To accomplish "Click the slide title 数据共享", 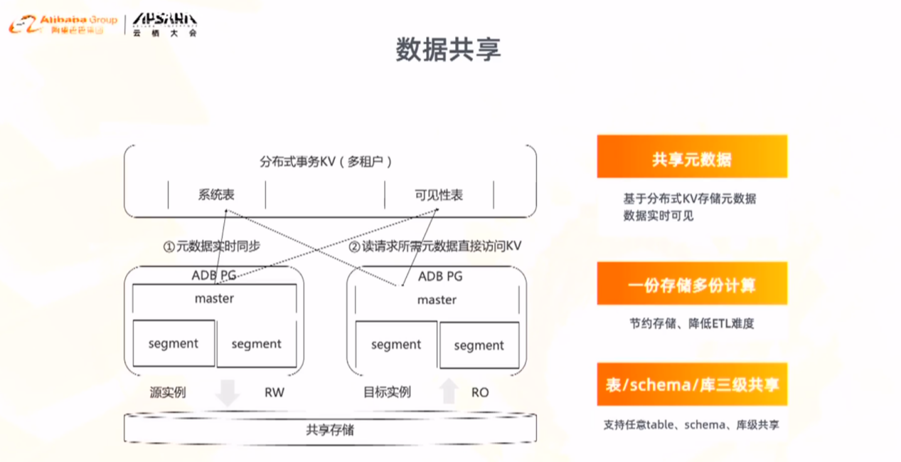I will coord(448,49).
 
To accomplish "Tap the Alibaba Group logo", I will coord(63,24).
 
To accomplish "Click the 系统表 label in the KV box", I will coord(216,194).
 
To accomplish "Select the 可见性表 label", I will coord(439,194).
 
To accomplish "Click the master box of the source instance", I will coord(214,299).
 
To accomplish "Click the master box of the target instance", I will coord(437,300).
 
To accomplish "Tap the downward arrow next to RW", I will coord(228,392).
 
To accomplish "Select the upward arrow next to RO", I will coord(448,392).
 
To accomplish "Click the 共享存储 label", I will coord(330,430).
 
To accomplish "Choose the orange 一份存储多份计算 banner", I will coord(691,285).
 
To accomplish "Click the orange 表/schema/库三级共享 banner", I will coord(691,385).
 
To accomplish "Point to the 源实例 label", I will coord(168,392).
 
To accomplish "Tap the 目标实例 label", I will coord(387,392).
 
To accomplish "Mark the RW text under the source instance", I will coord(274,392).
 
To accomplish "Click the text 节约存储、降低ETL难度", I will coord(691,323).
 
